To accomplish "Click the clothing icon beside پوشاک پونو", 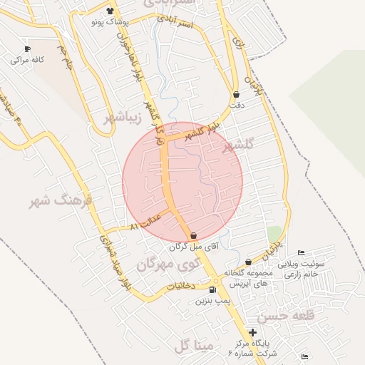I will (x=110, y=11).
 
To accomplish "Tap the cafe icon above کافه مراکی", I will (x=27, y=49).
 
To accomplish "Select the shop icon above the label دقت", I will (x=236, y=94).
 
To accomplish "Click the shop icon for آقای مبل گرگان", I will (x=193, y=235).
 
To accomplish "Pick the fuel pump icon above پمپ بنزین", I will (x=212, y=290).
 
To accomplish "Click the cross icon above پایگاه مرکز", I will (x=252, y=332).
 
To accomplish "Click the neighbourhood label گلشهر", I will (x=238, y=146).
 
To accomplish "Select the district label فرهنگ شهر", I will (x=60, y=202).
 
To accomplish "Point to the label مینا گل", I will (x=192, y=346).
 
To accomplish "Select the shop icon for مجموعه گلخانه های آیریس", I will (x=248, y=262).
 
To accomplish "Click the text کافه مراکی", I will (x=27, y=60).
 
